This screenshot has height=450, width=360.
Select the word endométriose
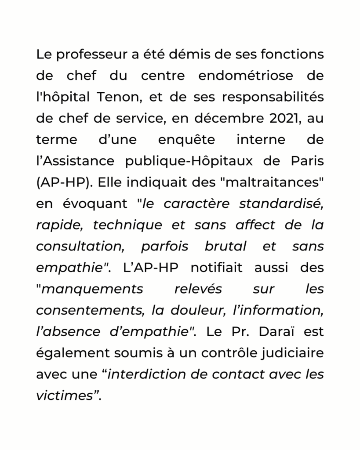pyautogui.click(x=246, y=76)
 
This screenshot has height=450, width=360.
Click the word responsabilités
pyautogui.click(x=273, y=98)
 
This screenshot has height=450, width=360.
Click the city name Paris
pyautogui.click(x=307, y=161)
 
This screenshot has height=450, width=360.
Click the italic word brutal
pyautogui.click(x=225, y=247)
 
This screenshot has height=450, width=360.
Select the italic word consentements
pyautogui.click(x=89, y=310)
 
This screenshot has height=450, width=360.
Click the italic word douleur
pyautogui.click(x=192, y=310)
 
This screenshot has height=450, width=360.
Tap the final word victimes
pyautogui.click(x=64, y=396)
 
